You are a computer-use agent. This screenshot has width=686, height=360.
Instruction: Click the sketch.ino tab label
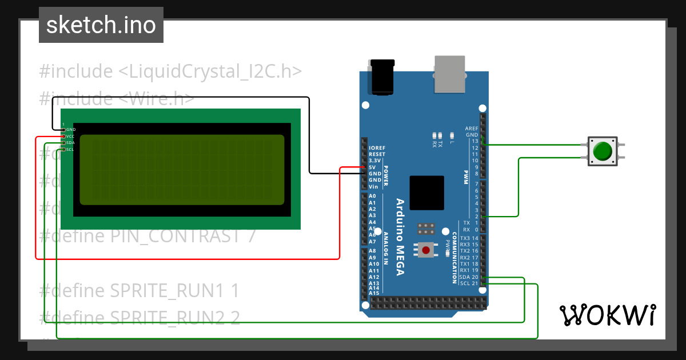[101, 25]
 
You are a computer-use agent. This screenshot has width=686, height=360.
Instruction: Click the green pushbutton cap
[603, 151]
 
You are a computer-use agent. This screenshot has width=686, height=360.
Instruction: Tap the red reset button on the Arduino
[426, 250]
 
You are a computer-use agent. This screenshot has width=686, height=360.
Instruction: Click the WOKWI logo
[607, 315]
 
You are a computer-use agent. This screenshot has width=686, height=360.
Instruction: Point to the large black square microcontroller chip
[426, 193]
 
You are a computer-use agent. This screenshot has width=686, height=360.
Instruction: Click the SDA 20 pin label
[469, 277]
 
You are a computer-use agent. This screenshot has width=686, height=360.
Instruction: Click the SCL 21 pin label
[469, 283]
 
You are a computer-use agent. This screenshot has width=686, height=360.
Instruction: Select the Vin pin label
[373, 187]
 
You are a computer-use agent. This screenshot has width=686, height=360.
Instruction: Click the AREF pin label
[472, 129]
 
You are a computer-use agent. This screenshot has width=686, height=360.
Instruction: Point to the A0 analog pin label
[372, 196]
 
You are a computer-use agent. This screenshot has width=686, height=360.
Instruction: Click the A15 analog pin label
[374, 293]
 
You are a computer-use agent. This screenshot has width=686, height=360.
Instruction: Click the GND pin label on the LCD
[71, 130]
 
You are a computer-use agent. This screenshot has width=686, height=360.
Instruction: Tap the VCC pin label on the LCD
[70, 137]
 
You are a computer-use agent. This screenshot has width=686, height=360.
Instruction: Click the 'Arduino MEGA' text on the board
[400, 237]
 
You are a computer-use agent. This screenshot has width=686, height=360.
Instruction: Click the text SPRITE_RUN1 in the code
[166, 291]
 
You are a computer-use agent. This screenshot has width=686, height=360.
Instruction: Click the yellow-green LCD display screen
[182, 170]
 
